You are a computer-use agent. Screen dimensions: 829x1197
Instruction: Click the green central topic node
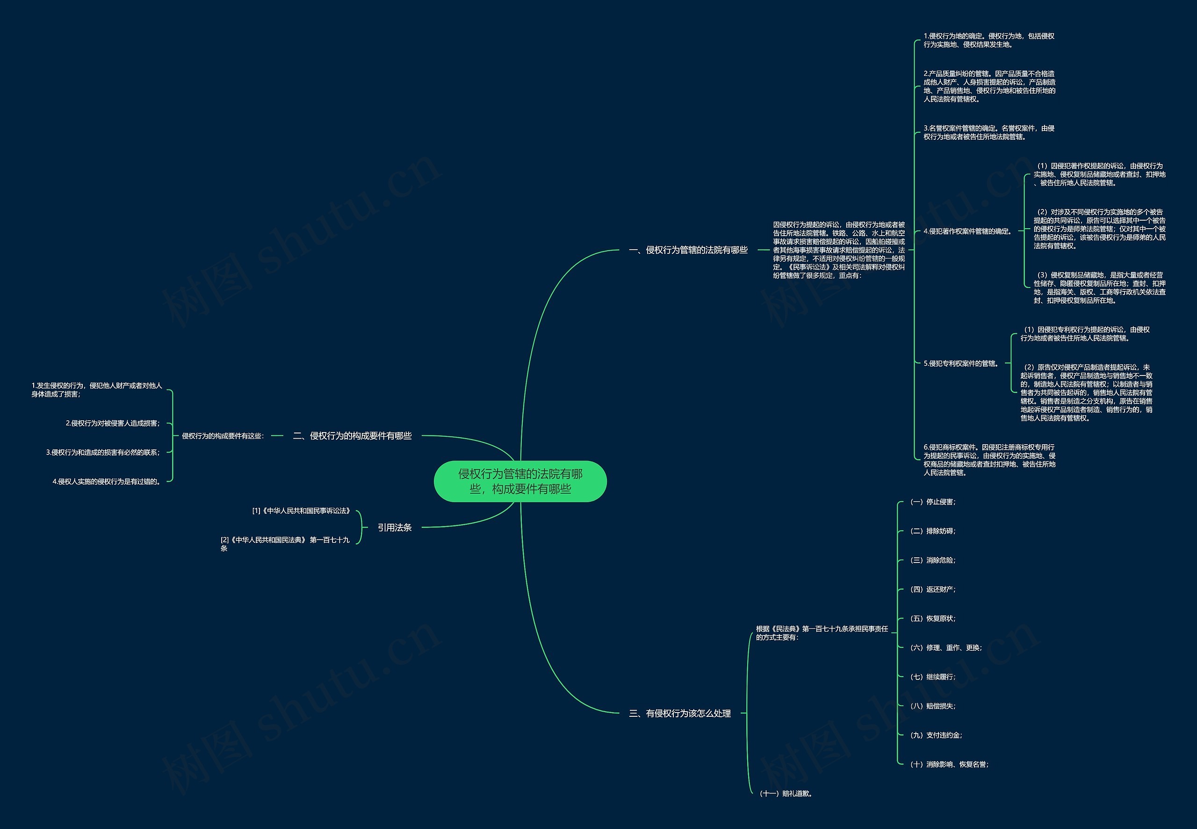(520, 481)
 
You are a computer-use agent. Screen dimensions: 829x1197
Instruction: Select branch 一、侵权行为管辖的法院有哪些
(688, 250)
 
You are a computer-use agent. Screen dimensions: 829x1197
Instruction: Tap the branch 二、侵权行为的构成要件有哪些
(352, 436)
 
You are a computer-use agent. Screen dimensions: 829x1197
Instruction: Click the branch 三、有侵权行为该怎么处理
(680, 713)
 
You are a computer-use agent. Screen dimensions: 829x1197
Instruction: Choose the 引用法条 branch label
(394, 527)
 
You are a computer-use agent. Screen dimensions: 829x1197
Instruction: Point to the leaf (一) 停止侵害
(933, 502)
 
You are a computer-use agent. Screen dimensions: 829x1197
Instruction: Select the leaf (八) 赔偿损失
(933, 706)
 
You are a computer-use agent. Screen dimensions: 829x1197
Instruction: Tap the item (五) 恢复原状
(933, 619)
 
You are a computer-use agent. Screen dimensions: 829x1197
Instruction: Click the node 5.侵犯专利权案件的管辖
(961, 364)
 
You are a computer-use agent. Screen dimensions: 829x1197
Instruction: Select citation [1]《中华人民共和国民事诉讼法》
(302, 511)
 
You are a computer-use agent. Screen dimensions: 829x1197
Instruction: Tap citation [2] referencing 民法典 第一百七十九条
(285, 544)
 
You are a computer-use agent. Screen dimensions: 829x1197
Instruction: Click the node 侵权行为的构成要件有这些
(223, 436)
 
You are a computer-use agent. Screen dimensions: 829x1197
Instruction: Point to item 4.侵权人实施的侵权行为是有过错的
(107, 482)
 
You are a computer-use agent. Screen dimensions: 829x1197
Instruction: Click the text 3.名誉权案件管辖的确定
(988, 132)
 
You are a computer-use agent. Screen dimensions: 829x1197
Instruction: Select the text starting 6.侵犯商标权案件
(989, 460)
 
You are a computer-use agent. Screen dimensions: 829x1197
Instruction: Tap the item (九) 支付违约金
(936, 735)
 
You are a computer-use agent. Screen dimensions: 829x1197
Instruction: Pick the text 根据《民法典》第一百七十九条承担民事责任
(822, 633)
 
